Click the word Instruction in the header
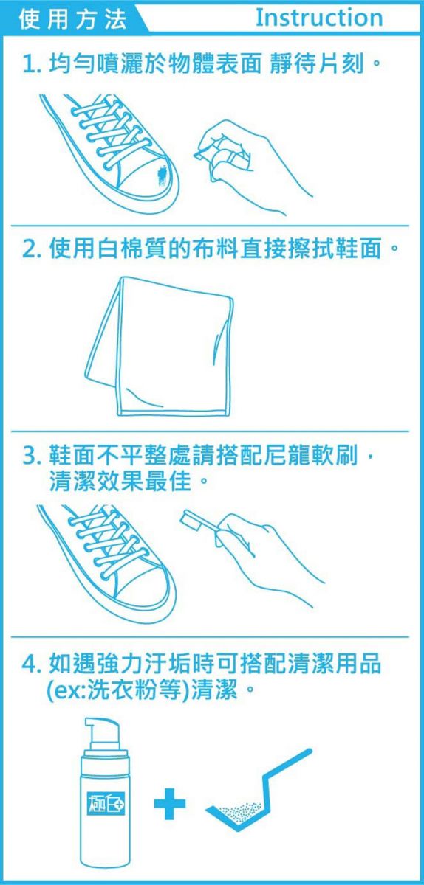319,18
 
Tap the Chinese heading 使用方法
73,19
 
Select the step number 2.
31,249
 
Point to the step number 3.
31,455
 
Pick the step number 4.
31,664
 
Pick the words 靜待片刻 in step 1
316,65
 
